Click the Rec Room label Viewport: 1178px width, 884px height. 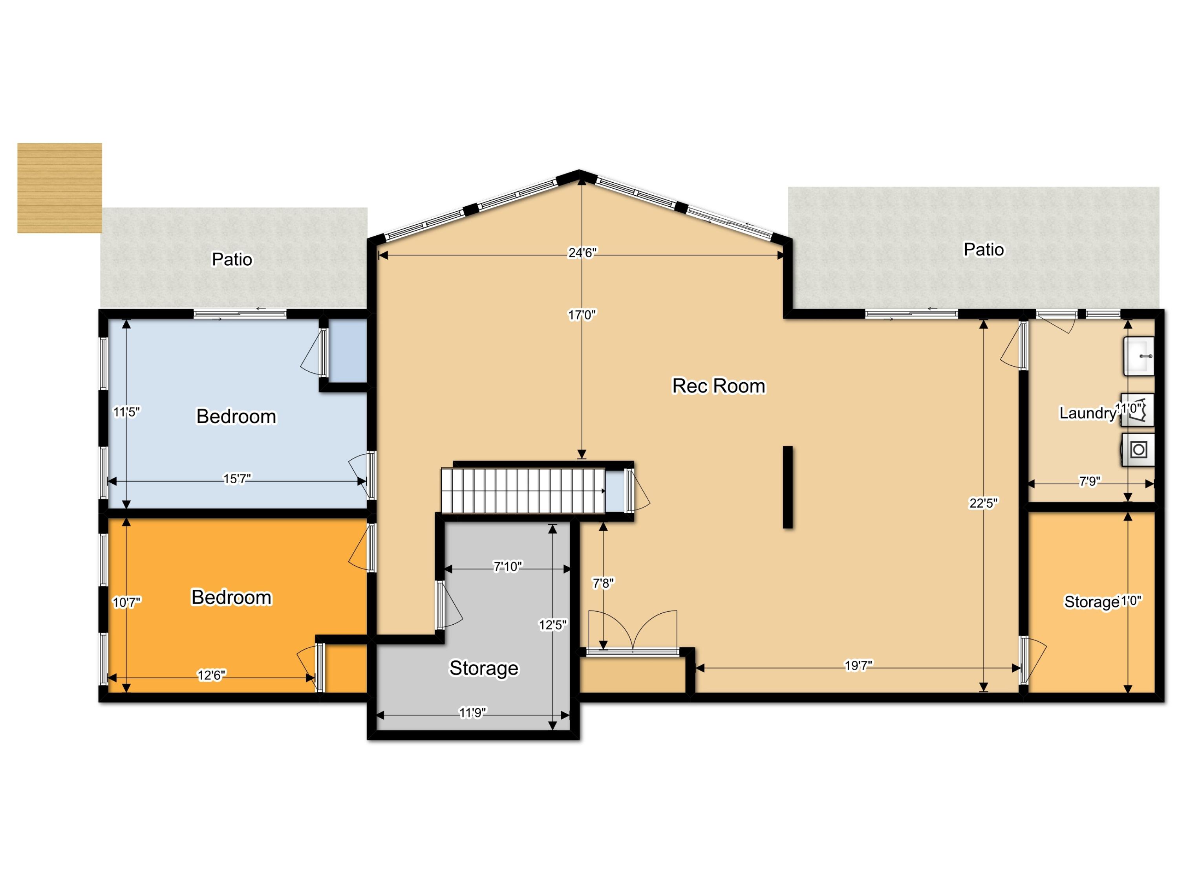pyautogui.click(x=719, y=386)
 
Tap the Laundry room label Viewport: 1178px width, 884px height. pyautogui.click(x=1087, y=413)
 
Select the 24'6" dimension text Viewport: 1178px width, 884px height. pyautogui.click(x=583, y=253)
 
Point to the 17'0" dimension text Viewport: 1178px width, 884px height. pyautogui.click(x=582, y=315)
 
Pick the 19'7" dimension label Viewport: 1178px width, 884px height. pyautogui.click(x=858, y=666)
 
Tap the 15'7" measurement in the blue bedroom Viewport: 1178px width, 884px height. pyautogui.click(x=237, y=479)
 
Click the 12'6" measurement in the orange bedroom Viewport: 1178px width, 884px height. pyautogui.click(x=211, y=676)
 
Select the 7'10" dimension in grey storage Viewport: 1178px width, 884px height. pyautogui.click(x=507, y=567)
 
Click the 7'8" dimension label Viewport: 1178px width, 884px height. pyautogui.click(x=604, y=583)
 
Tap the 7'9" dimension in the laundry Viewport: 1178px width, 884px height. pyautogui.click(x=1090, y=481)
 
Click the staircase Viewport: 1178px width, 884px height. pyautogui.click(x=523, y=491)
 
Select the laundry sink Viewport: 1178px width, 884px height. pyautogui.click(x=1139, y=356)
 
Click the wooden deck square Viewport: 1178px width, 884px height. pyautogui.click(x=60, y=188)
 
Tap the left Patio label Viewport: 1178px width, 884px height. pyautogui.click(x=232, y=259)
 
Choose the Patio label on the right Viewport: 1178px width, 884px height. pyautogui.click(x=984, y=249)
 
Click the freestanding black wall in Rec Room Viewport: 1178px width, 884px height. pyautogui.click(x=788, y=487)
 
